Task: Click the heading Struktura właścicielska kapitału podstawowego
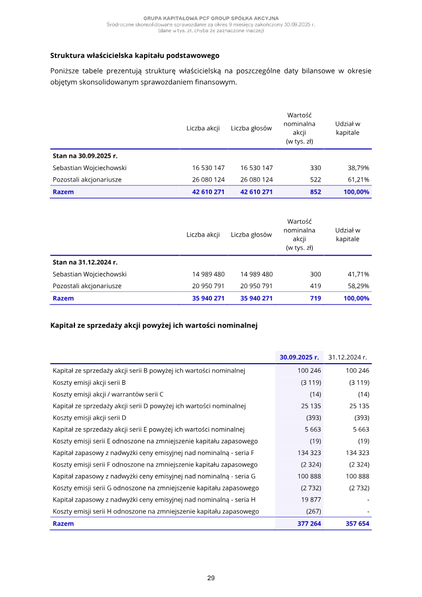point(135,55)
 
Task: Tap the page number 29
point(211,578)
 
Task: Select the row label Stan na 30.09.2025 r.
point(85,156)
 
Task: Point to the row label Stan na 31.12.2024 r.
point(85,262)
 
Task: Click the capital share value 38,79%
point(358,168)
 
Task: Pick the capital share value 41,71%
point(358,274)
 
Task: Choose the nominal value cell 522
point(315,179)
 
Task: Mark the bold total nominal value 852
point(315,192)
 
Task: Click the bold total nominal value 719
point(315,298)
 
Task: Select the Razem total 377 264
point(309,524)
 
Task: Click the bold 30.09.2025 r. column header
point(300,357)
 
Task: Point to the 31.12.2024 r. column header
point(348,357)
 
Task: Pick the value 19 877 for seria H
point(311,499)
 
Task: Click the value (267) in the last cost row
point(313,511)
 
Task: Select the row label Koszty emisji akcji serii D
point(89,418)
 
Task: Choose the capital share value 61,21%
point(358,179)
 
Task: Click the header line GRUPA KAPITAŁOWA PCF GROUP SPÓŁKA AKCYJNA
point(211,18)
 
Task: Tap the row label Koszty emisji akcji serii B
point(89,382)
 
